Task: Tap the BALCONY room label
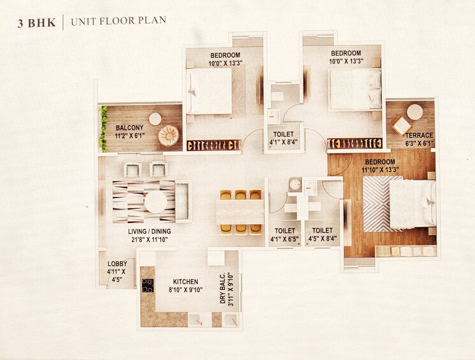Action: pos(129,127)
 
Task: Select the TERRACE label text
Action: pos(419,135)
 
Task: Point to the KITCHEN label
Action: pos(185,282)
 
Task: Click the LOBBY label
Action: pos(117,264)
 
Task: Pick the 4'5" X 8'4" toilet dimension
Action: pos(322,240)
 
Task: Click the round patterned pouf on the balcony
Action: pos(168,135)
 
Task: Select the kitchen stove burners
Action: pos(147,285)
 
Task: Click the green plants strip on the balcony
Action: pos(103,128)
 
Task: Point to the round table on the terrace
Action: pos(414,112)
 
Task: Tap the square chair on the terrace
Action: pos(401,125)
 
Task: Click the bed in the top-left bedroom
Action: pos(210,91)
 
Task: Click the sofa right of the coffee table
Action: pos(182,201)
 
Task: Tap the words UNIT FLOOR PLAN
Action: pos(119,21)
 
